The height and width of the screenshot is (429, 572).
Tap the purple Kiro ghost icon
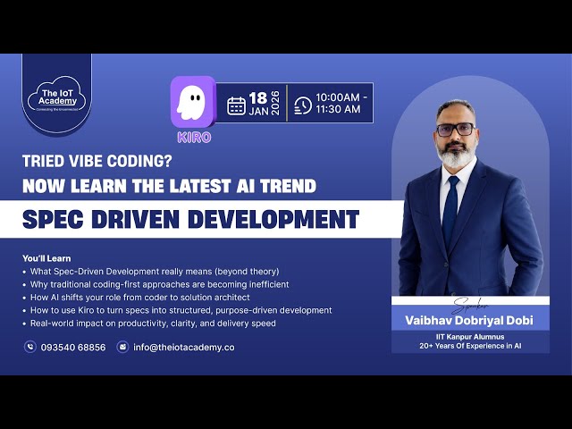(193, 101)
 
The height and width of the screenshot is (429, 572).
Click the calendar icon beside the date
(236, 105)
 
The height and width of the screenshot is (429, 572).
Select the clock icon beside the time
(303, 105)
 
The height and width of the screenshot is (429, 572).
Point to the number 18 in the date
(258, 97)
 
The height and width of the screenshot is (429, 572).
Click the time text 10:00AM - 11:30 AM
(341, 103)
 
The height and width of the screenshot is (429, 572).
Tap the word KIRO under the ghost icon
(194, 138)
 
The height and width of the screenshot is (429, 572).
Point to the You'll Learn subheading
(46, 258)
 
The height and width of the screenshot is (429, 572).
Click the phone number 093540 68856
(73, 347)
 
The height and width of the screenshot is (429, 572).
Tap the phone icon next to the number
(30, 347)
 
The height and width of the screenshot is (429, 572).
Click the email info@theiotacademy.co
(184, 347)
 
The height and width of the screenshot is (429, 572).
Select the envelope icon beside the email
(123, 347)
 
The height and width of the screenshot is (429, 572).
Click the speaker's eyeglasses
(455, 129)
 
